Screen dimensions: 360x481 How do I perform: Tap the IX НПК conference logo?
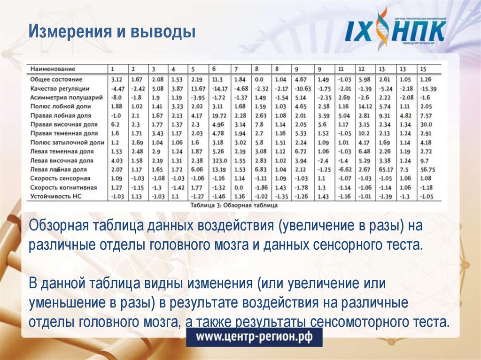(x=395, y=30)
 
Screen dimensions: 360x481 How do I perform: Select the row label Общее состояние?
(x=56, y=79)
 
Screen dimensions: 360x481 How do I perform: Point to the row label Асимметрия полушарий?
(x=66, y=97)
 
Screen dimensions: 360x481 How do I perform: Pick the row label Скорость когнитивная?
(x=63, y=187)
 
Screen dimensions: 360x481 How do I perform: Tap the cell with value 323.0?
(x=220, y=160)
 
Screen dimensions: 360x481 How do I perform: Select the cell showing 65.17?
(x=386, y=169)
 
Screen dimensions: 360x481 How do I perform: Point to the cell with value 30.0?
(x=426, y=124)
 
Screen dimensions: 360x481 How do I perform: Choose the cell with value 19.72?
(x=219, y=115)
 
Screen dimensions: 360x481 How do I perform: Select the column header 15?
(x=423, y=69)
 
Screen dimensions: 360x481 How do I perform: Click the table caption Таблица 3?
(x=233, y=205)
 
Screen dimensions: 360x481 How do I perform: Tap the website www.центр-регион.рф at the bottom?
(x=253, y=337)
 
